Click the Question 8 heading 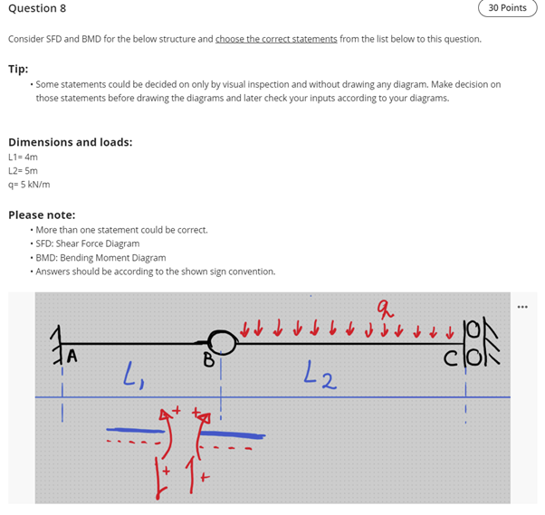tap(37, 8)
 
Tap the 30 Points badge tap(506, 8)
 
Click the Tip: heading tap(18, 68)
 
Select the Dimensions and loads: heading tap(70, 142)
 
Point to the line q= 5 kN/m tap(29, 184)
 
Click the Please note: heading tap(42, 215)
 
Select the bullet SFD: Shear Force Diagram tap(88, 243)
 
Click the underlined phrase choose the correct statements tap(276, 40)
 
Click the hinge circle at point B tap(223, 342)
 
